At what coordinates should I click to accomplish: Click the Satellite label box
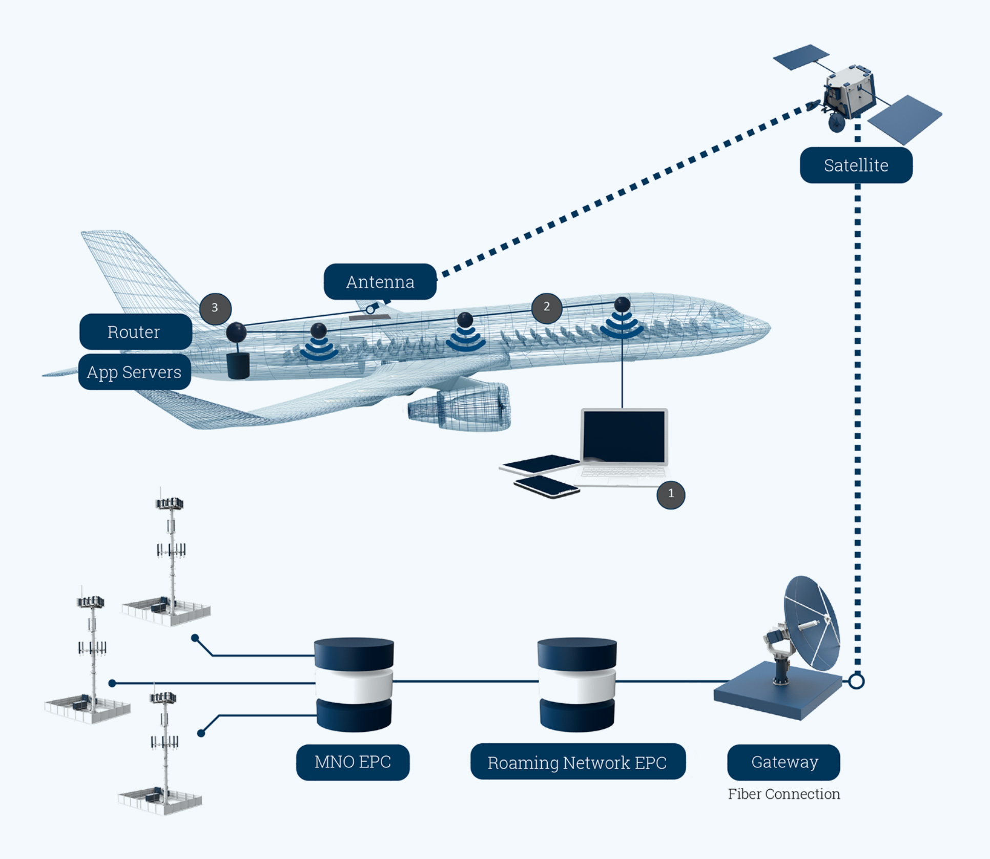click(856, 165)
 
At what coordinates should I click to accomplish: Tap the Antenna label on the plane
click(380, 281)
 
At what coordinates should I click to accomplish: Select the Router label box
click(135, 332)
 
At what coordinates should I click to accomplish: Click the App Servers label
click(134, 372)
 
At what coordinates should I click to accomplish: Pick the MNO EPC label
click(353, 762)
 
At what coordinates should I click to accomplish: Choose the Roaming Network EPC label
click(577, 762)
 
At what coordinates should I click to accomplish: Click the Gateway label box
click(783, 762)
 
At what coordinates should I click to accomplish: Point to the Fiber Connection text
click(783, 794)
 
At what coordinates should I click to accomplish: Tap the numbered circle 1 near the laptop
click(671, 494)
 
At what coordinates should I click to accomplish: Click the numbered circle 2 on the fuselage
click(547, 307)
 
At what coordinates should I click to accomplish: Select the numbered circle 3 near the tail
click(215, 308)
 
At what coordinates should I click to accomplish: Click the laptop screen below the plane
click(624, 437)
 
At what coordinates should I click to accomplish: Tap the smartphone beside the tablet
click(546, 486)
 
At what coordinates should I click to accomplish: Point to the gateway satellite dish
click(811, 623)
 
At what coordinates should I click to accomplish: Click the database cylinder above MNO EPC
click(354, 684)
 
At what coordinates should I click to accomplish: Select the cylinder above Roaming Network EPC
click(577, 684)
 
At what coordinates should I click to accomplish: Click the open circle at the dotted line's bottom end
click(856, 681)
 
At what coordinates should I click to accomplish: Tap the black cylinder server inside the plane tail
click(238, 365)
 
